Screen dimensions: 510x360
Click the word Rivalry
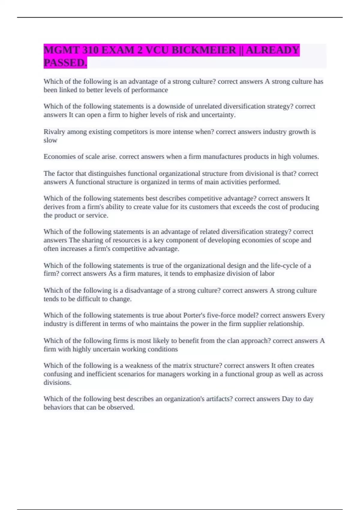[x=54, y=132]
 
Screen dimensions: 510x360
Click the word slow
[x=50, y=140]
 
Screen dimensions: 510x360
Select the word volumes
[x=306, y=157]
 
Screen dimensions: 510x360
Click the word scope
[x=291, y=240]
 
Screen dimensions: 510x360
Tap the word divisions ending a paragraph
[x=57, y=382]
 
